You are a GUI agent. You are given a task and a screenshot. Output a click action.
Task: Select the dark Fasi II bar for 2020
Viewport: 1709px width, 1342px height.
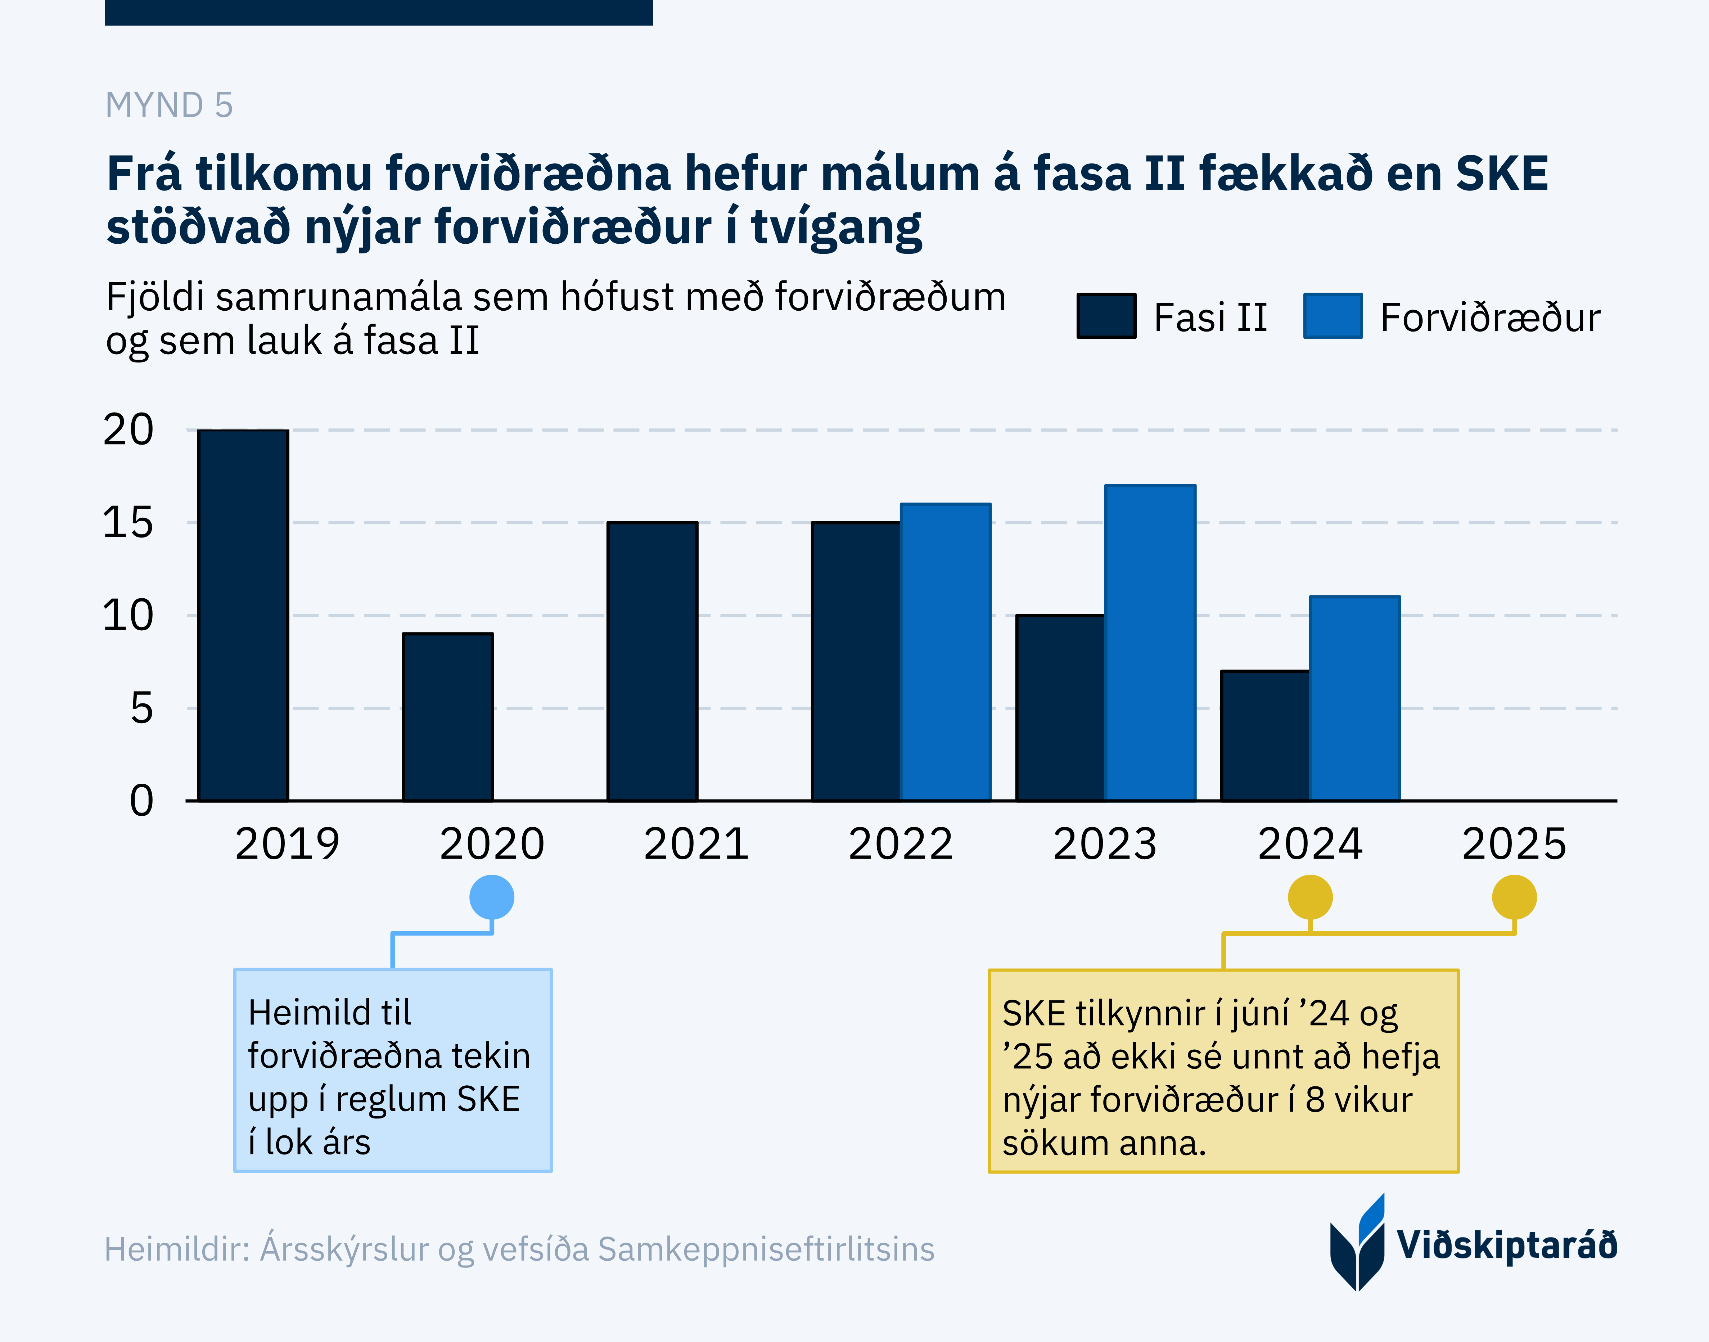448,717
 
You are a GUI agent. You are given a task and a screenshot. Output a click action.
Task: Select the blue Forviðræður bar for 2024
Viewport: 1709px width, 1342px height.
1354,698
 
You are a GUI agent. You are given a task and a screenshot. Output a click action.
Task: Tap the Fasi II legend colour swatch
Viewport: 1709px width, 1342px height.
1106,316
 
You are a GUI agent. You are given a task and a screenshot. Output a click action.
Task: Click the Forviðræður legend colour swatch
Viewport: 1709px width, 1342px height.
1333,316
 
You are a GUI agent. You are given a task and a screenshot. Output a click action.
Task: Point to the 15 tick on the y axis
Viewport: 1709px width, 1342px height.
128,522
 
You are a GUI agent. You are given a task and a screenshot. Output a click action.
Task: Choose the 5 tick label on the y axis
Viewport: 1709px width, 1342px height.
141,709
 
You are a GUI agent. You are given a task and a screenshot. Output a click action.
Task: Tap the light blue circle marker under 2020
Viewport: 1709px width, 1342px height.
492,897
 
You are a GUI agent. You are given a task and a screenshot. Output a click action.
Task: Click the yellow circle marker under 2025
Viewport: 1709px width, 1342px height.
1514,897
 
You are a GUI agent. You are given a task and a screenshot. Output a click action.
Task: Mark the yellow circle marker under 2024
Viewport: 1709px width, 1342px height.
1310,897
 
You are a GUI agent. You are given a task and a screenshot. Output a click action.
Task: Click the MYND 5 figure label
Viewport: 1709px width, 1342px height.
169,105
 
